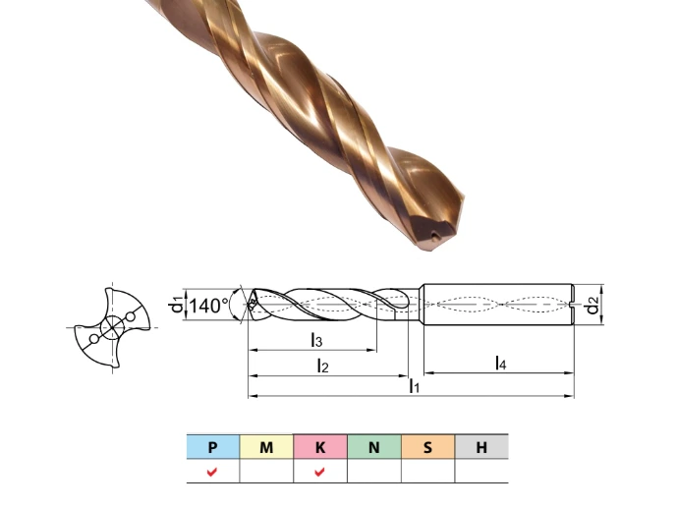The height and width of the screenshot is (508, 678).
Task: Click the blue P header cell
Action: tap(213, 447)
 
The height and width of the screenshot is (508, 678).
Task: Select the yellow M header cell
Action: tap(266, 447)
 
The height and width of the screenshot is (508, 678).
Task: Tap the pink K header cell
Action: tap(320, 447)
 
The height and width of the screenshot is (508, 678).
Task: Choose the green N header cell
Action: tap(374, 447)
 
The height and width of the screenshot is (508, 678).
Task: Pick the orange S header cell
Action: tap(427, 447)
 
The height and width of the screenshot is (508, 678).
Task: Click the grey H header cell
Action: tap(481, 447)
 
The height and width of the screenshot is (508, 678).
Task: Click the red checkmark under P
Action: tap(212, 472)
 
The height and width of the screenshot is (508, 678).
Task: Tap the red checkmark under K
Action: tap(319, 472)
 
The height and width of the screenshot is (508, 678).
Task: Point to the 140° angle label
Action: tap(208, 306)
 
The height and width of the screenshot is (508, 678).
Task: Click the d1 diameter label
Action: tap(176, 305)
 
